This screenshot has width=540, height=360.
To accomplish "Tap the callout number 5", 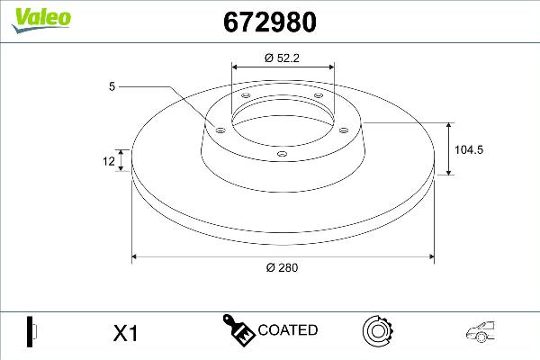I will tap(112, 87).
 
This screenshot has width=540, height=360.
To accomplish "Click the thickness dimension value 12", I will tap(110, 162).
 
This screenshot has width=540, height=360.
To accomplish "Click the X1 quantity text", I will tap(125, 333).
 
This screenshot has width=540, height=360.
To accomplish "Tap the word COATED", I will tap(287, 330).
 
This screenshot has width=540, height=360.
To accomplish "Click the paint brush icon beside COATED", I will tap(238, 330).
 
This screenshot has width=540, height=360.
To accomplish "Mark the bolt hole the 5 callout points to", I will tap(218, 128).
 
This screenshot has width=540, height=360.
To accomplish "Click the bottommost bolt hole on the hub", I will tap(283, 155).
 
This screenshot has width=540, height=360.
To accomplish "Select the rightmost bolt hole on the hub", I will tap(343, 128).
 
